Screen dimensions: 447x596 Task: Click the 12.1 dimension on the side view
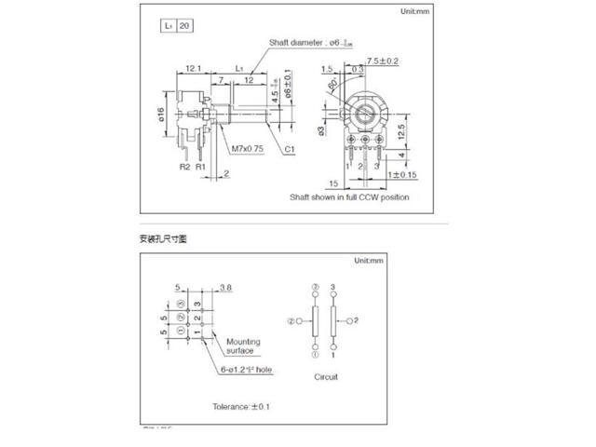pos(194,69)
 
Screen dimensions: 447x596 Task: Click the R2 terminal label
pos(184,168)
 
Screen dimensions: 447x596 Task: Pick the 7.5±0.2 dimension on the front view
pos(384,61)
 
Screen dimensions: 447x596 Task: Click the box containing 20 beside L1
pos(183,27)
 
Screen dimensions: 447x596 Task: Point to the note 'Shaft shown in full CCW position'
pos(348,197)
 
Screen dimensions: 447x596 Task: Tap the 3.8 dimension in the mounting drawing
pos(226,288)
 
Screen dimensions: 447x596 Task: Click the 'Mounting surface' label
pos(243,346)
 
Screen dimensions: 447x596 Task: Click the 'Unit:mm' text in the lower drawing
pos(364,263)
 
